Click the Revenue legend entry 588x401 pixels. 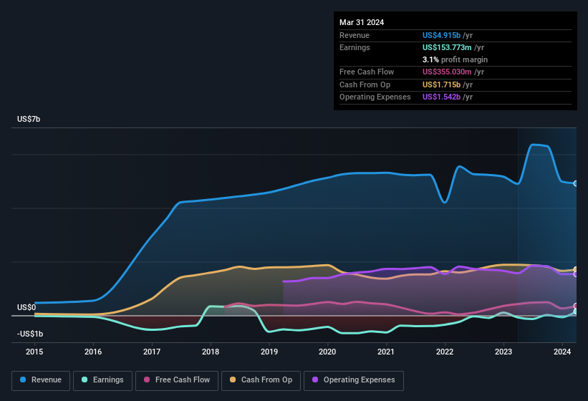[x=42, y=380]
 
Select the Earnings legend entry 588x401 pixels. [x=103, y=380]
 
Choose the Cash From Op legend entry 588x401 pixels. [x=260, y=380]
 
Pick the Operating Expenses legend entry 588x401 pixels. [x=353, y=380]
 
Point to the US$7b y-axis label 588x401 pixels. [x=29, y=119]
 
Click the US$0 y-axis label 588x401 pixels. [x=26, y=307]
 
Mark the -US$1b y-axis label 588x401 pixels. [x=30, y=334]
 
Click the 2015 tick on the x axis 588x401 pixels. [x=35, y=352]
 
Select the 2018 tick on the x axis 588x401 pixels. [x=211, y=352]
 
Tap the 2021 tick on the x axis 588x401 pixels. [x=386, y=352]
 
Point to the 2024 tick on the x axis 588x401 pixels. [x=562, y=352]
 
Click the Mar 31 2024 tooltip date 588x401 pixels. [x=362, y=22]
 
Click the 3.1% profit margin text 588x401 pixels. [x=455, y=59]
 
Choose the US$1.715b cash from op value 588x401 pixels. [x=442, y=84]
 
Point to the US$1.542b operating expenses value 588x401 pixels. [x=442, y=97]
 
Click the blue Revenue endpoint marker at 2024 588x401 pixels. [x=576, y=183]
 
